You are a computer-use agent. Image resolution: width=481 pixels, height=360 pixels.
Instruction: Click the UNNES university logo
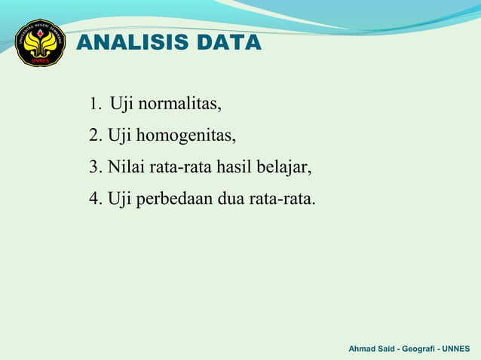coord(41,43)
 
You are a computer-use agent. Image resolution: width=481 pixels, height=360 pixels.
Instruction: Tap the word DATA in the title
coord(228,43)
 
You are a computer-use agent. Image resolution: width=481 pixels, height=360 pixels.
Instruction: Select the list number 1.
coord(93,104)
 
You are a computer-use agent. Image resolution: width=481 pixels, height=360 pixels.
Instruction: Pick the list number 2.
coord(93,136)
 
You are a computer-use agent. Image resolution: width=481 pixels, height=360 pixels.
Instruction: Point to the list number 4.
coord(93,200)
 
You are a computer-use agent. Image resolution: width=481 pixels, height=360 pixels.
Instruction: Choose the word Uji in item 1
coord(121,104)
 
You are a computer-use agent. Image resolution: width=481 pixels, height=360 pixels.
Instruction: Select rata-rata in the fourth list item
coord(283,200)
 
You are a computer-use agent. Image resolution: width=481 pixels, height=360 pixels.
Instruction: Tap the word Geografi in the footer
coord(421,349)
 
